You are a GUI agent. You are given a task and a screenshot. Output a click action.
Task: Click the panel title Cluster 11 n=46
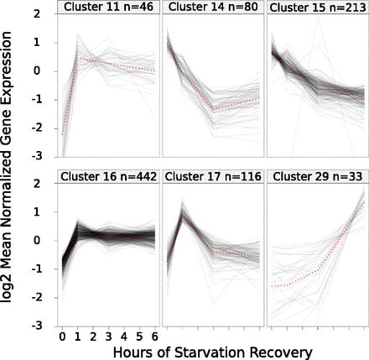point(107,8)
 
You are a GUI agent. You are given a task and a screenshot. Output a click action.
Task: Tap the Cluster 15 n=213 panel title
point(317,8)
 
